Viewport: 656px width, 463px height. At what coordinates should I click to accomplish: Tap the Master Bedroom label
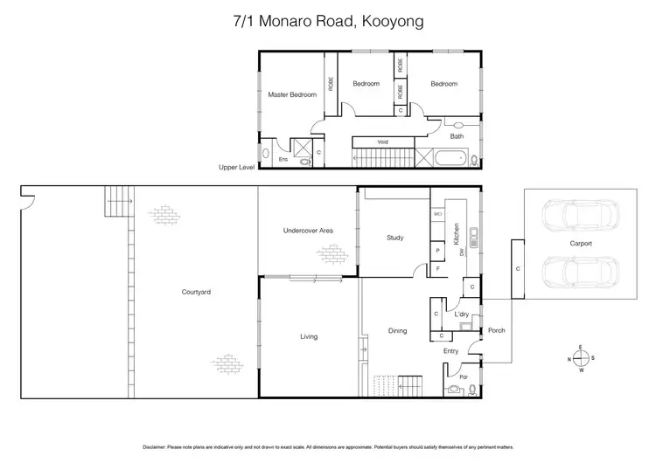[x=291, y=94]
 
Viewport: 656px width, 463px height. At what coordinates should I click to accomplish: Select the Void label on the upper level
[x=382, y=142]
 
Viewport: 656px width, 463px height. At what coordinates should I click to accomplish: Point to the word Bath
[x=457, y=136]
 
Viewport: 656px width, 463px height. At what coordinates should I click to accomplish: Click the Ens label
[x=283, y=160]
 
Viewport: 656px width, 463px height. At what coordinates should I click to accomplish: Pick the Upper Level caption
[x=237, y=166]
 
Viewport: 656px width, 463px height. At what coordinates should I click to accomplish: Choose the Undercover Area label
[x=307, y=231]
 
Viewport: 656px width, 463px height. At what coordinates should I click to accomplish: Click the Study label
[x=394, y=237]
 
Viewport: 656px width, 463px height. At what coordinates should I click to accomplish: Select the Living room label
[x=308, y=336]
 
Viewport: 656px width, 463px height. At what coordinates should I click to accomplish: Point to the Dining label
[x=398, y=330]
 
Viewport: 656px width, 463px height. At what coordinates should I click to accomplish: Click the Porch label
[x=497, y=330]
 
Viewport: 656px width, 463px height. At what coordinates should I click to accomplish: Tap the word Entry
[x=450, y=351]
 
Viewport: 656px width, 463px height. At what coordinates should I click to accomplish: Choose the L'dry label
[x=461, y=313]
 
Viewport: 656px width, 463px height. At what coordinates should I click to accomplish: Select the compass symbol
[x=580, y=358]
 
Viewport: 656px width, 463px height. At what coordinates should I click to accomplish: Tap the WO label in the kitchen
[x=436, y=213]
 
